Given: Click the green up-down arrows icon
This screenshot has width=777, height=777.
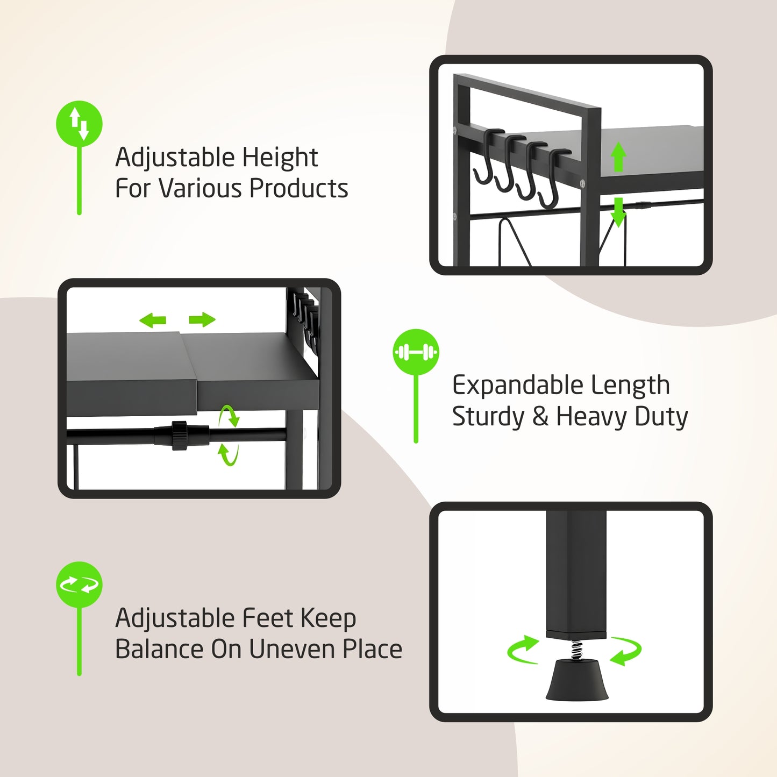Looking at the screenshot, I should (x=79, y=123).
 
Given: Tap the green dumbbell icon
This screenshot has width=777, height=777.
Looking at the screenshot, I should (x=416, y=352).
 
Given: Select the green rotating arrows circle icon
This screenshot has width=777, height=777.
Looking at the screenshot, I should (x=79, y=584).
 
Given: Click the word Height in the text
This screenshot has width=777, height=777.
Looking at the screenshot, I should (x=280, y=158).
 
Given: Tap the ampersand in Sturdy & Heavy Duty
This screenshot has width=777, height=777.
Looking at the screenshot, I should (x=540, y=417).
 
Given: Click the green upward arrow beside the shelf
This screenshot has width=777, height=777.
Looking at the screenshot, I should (x=618, y=156).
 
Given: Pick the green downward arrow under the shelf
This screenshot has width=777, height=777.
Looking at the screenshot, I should (x=618, y=212).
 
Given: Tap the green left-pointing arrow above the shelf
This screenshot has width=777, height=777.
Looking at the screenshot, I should (x=153, y=320).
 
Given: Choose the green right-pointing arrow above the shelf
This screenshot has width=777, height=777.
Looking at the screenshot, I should (x=202, y=320).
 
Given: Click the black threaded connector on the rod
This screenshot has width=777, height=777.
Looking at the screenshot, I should (x=180, y=435).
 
